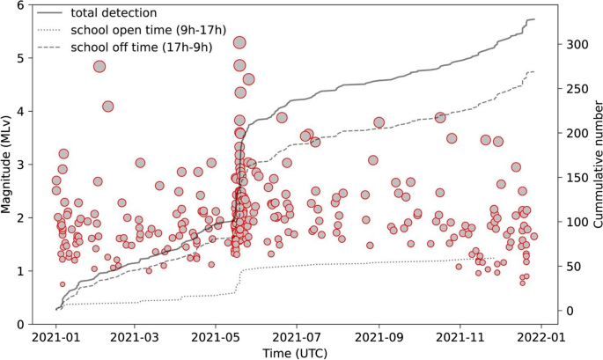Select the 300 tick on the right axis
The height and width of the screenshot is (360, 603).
point(574,43)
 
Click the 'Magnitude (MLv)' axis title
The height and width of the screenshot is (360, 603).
point(9,164)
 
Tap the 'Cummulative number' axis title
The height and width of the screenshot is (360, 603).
point(595,164)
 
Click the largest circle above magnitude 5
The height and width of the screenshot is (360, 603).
point(239,42)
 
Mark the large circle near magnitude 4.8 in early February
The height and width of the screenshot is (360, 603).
point(99,67)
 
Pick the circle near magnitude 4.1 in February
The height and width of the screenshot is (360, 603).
point(108,107)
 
